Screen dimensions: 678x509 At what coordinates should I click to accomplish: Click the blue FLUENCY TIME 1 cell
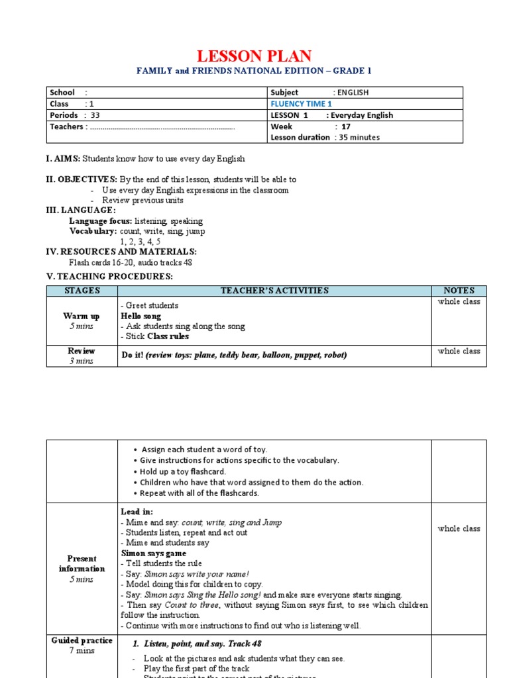tap(301, 104)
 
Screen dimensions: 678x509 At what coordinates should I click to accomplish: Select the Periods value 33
tap(95, 115)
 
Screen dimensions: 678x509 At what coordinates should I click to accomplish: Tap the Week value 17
tap(345, 126)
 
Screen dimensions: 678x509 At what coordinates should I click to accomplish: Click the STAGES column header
tap(82, 291)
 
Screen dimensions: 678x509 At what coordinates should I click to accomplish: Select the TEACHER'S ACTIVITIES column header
tap(274, 291)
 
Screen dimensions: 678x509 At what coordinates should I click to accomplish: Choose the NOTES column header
tap(459, 291)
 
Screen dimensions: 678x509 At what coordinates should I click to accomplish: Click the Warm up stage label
tap(82, 316)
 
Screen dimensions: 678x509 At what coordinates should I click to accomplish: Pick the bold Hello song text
tap(141, 316)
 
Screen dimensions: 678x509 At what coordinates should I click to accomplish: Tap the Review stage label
tap(82, 351)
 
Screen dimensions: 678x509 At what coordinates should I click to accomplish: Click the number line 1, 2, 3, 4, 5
tap(140, 242)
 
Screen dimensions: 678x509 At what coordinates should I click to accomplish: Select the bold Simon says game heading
tap(153, 553)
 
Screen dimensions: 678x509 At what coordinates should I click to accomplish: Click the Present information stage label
tap(82, 563)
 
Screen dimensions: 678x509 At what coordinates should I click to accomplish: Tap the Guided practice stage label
tap(82, 640)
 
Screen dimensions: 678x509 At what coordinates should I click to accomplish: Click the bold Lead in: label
tap(137, 512)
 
